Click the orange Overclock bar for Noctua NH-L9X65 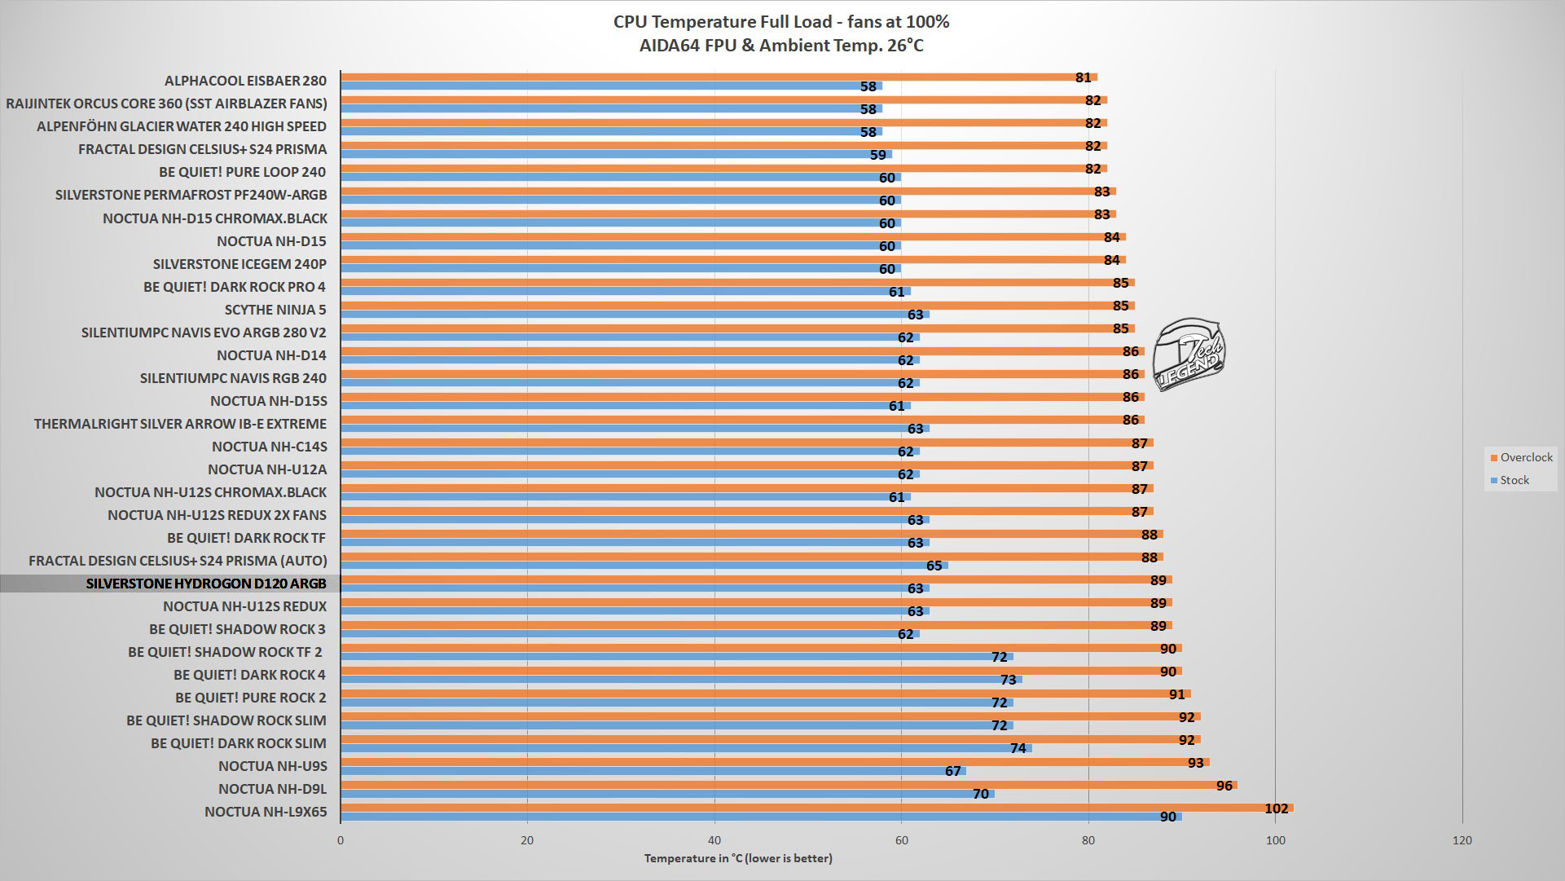(815, 808)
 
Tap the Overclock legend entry (1520, 457)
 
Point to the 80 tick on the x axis (1088, 840)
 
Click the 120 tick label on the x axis (1462, 840)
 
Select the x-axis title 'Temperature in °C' (738, 858)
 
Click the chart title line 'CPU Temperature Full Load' (781, 22)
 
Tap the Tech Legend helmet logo (1190, 354)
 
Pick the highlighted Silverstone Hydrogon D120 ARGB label (206, 584)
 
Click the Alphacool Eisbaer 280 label (245, 81)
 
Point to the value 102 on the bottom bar (1276, 808)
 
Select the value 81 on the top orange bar (1083, 77)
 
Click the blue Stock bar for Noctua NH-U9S (652, 771)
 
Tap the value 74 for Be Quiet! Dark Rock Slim (1018, 748)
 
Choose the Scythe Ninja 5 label (275, 310)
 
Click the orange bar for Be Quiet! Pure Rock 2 (766, 694)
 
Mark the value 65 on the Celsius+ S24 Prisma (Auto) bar (934, 566)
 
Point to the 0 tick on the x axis (341, 840)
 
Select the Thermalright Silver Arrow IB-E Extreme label (180, 424)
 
